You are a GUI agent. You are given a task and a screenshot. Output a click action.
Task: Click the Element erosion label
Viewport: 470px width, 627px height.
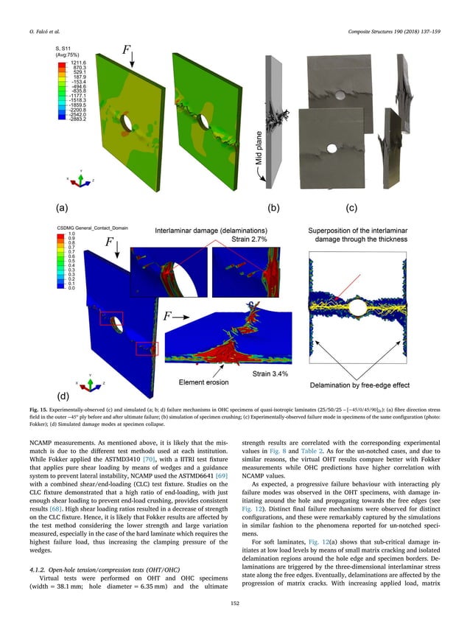(x=205, y=383)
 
